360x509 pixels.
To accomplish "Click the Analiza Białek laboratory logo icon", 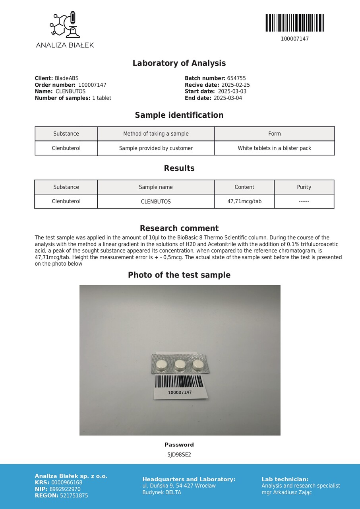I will coord(65,25).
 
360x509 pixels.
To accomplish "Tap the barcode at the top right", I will coord(294,23).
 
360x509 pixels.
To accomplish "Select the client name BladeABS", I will coord(66,78).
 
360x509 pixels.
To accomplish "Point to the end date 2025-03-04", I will coord(228,98).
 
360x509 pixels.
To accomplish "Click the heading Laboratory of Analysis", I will coord(179,63).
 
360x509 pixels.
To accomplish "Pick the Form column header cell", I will coord(275,134).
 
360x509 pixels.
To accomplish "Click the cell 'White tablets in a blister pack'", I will coord(275,148).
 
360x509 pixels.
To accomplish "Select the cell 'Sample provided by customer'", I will coord(156,148).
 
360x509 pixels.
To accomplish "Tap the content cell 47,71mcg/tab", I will coord(244,202).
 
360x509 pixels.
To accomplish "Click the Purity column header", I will coord(304,187).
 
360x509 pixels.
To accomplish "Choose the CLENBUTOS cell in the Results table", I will coord(156,202).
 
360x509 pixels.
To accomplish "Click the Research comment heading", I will coord(179,228).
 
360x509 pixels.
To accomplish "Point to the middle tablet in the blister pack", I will coord(180,364).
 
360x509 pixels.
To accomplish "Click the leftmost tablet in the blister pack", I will coord(161,364).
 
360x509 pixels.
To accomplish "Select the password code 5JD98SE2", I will coord(179,455).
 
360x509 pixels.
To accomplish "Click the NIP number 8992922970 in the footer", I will coord(66,489).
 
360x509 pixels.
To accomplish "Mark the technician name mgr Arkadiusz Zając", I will coord(286,492).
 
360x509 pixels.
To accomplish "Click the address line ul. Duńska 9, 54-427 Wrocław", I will coord(179,486).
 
